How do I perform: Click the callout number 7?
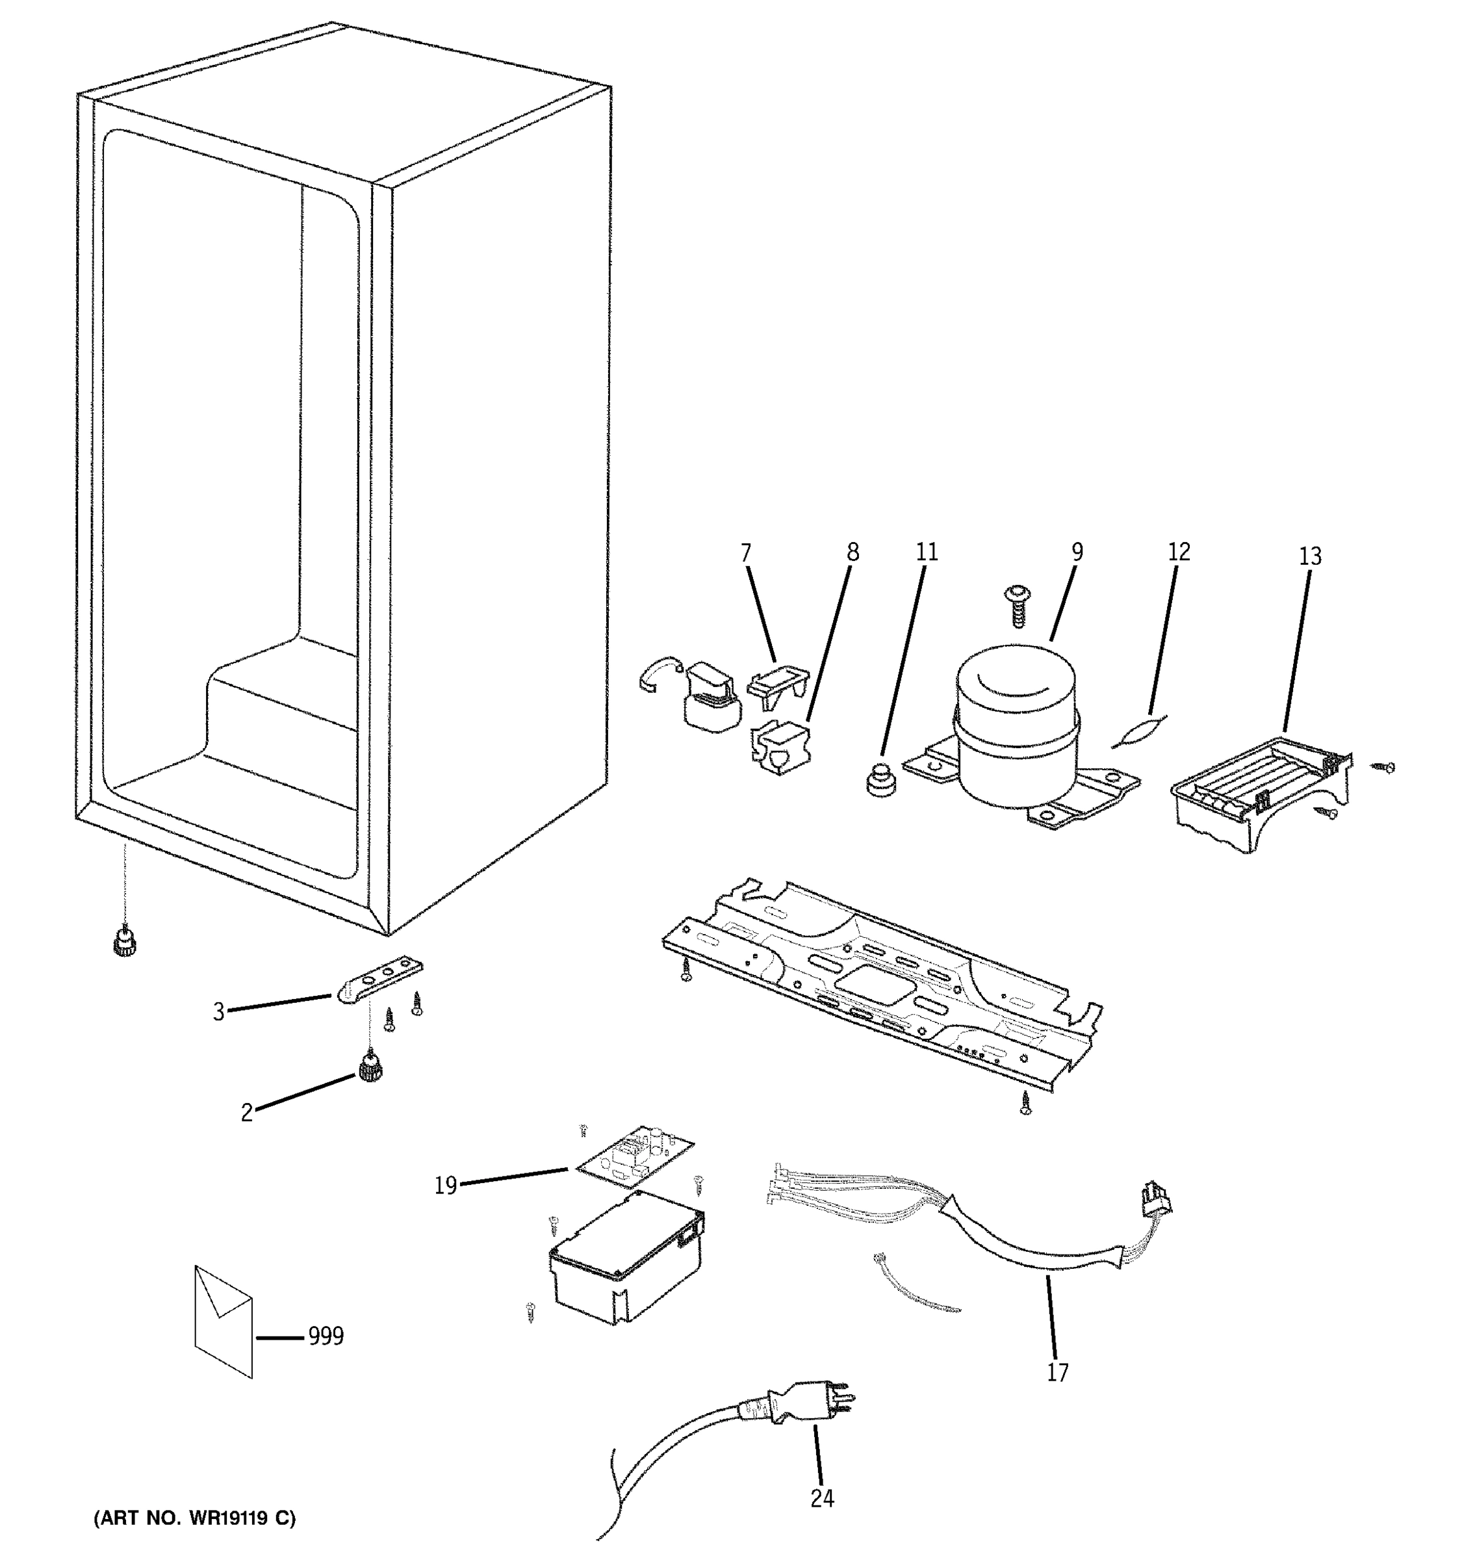[x=745, y=554]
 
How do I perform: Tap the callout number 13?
[x=1310, y=556]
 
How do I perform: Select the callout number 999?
[x=326, y=1336]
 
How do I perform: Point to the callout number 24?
[x=822, y=1499]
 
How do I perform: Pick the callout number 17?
[x=1057, y=1372]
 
